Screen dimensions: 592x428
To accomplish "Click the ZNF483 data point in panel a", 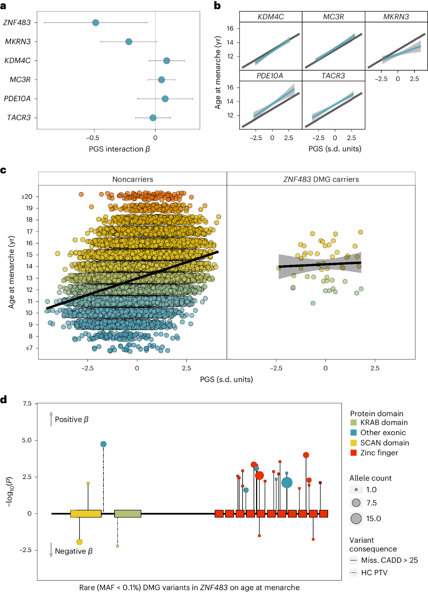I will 96,23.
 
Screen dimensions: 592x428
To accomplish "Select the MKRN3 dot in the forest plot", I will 129,42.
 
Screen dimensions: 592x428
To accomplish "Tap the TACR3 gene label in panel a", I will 19,118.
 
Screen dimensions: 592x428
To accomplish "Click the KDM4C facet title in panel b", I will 270,17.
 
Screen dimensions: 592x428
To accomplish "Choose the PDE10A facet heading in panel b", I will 270,76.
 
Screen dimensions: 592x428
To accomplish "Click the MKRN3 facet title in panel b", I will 396,17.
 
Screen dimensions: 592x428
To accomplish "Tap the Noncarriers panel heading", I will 133,179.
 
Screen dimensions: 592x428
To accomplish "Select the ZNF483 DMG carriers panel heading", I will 321,179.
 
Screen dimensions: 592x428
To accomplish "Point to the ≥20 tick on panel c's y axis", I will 27,196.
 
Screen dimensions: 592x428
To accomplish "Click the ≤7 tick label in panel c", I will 29,348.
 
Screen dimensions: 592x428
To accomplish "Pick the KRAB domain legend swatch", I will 353,423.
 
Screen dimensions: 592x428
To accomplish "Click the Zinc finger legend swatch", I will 353,453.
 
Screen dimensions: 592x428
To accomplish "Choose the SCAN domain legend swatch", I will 353,443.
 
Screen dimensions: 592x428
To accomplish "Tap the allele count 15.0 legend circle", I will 356,519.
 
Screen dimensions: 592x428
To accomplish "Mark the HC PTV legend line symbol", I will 353,573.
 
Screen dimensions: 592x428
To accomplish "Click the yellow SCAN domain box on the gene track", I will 86,514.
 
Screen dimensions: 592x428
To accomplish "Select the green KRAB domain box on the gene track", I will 128,514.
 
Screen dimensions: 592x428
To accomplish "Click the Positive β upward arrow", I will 51,419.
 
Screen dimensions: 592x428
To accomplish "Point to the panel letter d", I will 4,400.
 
